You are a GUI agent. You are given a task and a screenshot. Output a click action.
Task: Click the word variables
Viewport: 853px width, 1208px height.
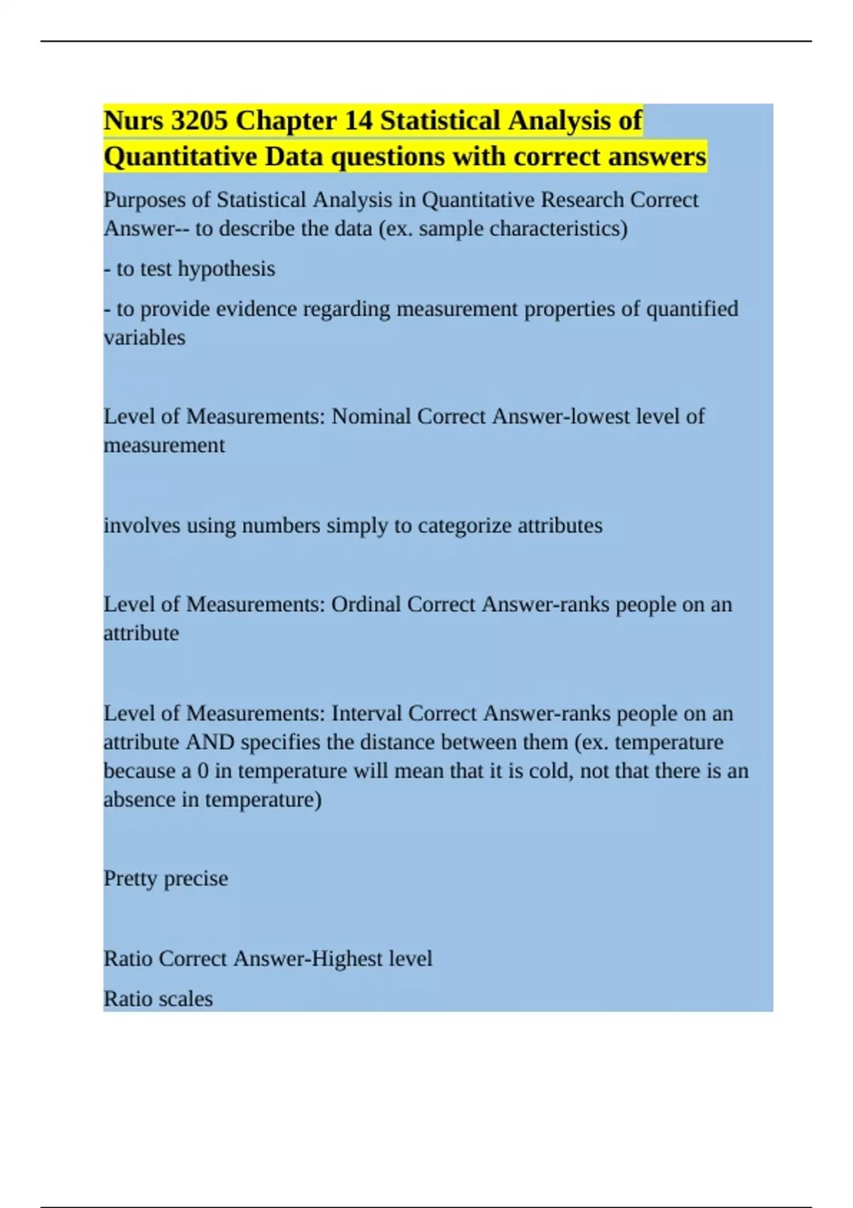pos(144,338)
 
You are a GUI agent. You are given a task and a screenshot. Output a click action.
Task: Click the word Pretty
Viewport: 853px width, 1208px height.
pos(131,879)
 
